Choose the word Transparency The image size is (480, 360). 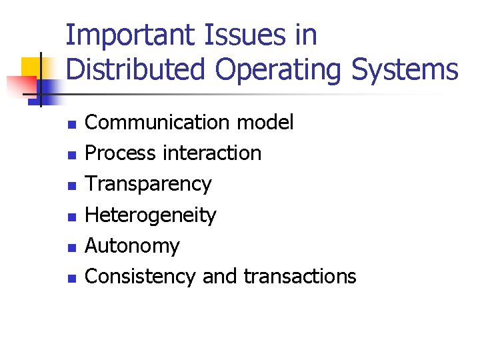tap(149, 185)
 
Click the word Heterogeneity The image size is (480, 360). tap(151, 215)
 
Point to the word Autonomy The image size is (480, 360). tap(133, 247)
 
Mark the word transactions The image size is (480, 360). tap(300, 276)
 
